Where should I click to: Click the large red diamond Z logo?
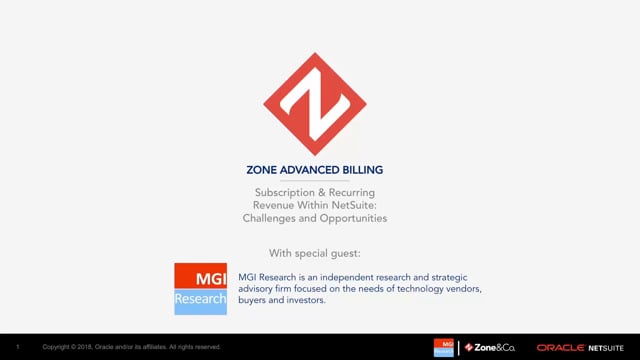pos(315,104)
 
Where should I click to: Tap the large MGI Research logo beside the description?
pos(200,288)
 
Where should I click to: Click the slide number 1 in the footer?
pos(18,347)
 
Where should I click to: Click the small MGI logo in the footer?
pos(443,347)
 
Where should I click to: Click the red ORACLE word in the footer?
pos(560,347)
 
